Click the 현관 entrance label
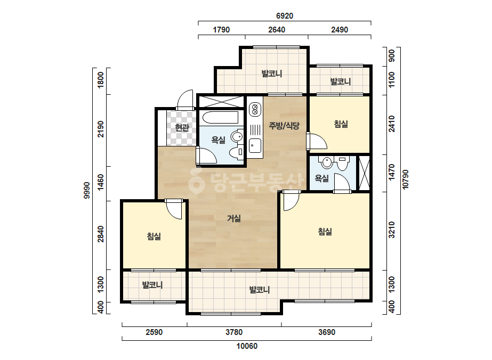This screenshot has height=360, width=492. (x=182, y=128)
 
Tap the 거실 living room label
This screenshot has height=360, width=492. (x=234, y=218)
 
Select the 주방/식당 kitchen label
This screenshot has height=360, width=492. (x=284, y=126)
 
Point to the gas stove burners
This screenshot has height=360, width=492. (x=255, y=109)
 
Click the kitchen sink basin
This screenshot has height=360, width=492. (x=255, y=145)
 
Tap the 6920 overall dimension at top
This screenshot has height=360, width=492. (x=285, y=16)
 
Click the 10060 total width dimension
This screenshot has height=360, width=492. (x=247, y=346)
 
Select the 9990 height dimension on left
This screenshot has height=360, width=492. (x=87, y=190)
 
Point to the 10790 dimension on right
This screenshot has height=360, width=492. (x=406, y=179)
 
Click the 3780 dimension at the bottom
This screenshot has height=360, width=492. (x=234, y=332)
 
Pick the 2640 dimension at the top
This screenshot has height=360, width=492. (x=277, y=30)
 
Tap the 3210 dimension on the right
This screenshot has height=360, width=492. (x=392, y=230)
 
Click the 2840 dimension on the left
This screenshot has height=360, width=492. (x=100, y=234)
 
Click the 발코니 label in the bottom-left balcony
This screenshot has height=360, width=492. (x=152, y=285)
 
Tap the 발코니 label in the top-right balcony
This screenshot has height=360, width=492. (x=341, y=81)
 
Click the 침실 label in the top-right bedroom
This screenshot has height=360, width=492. (x=341, y=124)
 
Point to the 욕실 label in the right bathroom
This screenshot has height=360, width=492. (x=321, y=178)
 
